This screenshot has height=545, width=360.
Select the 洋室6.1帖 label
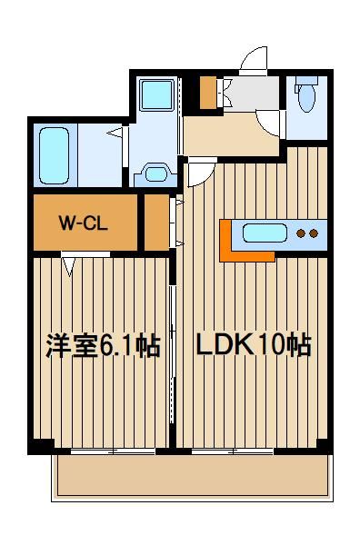pyautogui.click(x=102, y=346)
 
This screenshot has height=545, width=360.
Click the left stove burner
pyautogui.click(x=303, y=234)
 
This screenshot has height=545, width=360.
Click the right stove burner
pyautogui.click(x=315, y=234)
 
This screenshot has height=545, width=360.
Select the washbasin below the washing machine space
pyautogui.click(x=155, y=173)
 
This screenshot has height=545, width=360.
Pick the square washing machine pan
pyautogui.click(x=156, y=94)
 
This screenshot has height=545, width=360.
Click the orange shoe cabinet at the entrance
pyautogui.click(x=208, y=93)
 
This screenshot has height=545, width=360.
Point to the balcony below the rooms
pyautogui.click(x=189, y=475)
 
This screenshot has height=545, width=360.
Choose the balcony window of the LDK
pyautogui.click(x=232, y=451)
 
